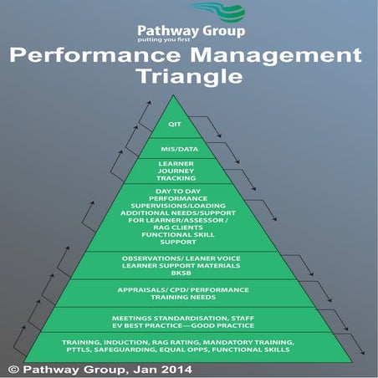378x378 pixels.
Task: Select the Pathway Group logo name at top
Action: [x=192, y=32]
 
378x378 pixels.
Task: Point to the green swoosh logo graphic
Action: [x=217, y=13]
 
